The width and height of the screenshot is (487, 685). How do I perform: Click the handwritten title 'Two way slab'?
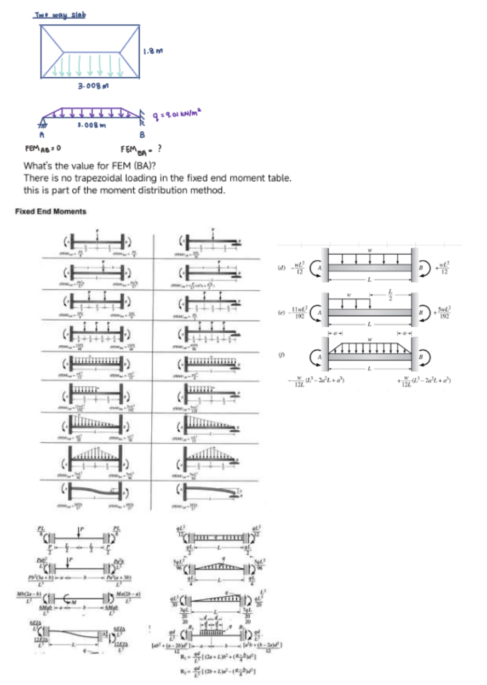point(61,14)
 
